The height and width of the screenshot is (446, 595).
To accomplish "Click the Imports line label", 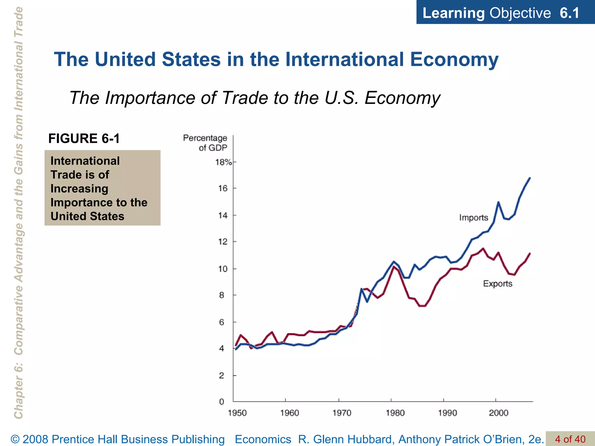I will click(473, 217).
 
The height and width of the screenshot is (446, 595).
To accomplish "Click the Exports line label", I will click(497, 283).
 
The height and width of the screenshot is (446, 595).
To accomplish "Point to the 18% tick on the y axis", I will click(223, 162).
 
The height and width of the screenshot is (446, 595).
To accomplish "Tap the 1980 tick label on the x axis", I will click(395, 413).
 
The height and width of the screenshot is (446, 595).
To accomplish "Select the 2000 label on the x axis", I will click(499, 413).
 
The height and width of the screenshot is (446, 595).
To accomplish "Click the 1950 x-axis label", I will click(237, 413).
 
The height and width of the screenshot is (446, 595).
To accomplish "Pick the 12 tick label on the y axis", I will click(223, 242).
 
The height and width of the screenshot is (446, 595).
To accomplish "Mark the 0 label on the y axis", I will click(222, 402).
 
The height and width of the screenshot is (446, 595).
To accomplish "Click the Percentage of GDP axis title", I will click(205, 143).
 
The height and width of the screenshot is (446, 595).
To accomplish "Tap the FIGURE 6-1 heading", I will click(84, 138).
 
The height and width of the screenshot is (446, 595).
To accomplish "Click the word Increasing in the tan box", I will click(79, 188).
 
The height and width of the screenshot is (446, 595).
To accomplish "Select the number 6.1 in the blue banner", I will click(569, 13).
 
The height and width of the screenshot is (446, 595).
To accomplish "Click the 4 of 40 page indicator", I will click(570, 439).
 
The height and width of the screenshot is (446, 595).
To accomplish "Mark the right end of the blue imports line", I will click(530, 178).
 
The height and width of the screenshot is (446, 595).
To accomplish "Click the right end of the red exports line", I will click(530, 253).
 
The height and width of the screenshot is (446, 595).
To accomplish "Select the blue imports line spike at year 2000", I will click(498, 202).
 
